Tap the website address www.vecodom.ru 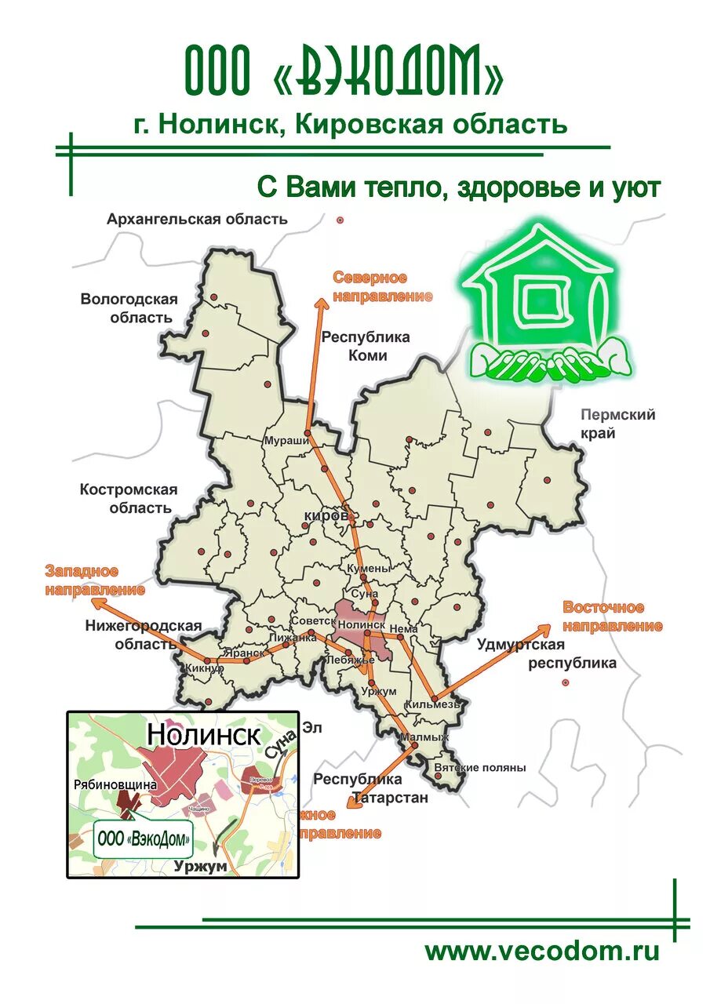coord(542,951)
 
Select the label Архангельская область coord(197,219)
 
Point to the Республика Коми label coord(366,346)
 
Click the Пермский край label coord(617,424)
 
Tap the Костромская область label coord(129,498)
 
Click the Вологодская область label coord(129,308)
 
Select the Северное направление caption coord(382,287)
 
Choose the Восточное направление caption coord(613,617)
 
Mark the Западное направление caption coord(93,580)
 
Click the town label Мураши coord(285,441)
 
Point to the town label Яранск coord(243,652)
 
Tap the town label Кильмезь coord(431,705)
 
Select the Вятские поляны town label coord(479,768)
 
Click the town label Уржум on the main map coord(380,691)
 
